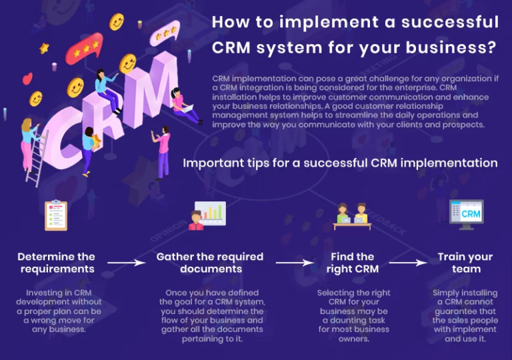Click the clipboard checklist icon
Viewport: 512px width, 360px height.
[56, 215]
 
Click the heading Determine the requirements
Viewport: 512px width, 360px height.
[57, 263]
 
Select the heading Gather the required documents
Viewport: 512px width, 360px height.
[210, 263]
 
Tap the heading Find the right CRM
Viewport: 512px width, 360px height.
[353, 263]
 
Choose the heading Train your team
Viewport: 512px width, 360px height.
[465, 263]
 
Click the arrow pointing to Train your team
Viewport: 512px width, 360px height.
[409, 263]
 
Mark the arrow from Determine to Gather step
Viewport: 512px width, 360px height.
[126, 263]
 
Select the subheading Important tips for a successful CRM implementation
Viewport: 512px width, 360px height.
[340, 163]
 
